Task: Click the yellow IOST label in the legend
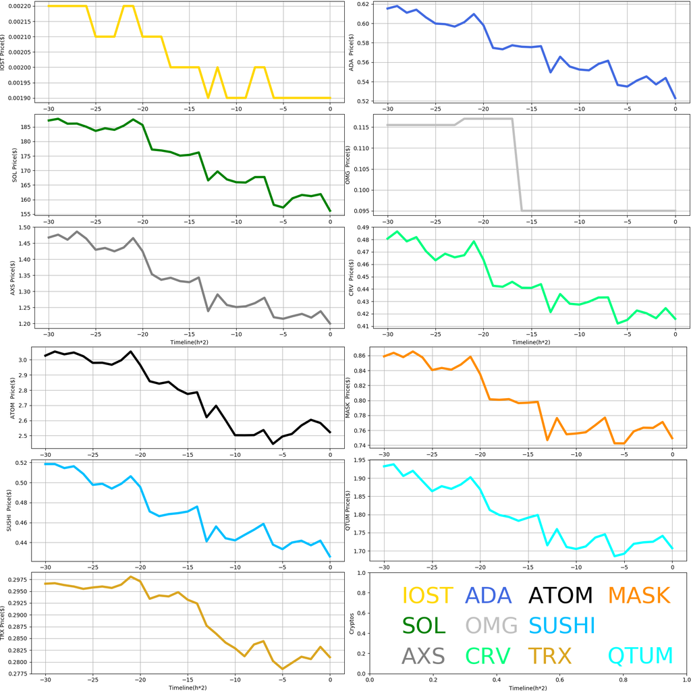pos(427,595)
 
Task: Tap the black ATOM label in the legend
pos(560,595)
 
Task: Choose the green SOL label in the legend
pos(424,626)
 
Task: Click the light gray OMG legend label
pos(491,626)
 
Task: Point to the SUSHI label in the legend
pos(561,626)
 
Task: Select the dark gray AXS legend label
pos(423,655)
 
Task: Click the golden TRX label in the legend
pos(549,655)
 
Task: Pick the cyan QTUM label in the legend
pos(640,655)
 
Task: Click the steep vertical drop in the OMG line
pos(517,165)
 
